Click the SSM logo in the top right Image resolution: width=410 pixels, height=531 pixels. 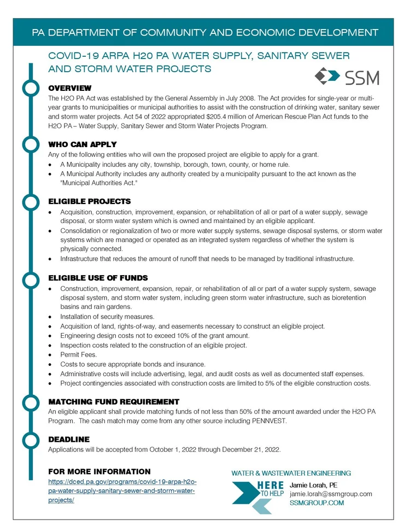(347, 77)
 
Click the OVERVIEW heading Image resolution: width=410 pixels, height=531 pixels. (70, 88)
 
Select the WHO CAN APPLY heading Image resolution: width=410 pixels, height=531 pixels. (83, 144)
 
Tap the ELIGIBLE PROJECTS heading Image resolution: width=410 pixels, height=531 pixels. (90, 201)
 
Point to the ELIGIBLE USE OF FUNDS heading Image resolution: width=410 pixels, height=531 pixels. (98, 278)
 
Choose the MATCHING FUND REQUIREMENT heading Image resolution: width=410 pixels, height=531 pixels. (114, 402)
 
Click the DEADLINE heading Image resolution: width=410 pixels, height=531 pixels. (69, 439)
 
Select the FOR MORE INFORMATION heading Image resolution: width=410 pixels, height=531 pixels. (99, 471)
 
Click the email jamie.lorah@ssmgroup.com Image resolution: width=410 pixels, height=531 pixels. (331, 494)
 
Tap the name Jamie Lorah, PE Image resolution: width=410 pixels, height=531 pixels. (313, 485)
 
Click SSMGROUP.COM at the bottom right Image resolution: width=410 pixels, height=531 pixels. (317, 503)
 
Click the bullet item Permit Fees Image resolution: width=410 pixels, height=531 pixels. (79, 355)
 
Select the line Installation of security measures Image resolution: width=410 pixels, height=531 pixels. (107, 317)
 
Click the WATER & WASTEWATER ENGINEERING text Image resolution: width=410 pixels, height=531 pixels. (291, 472)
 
